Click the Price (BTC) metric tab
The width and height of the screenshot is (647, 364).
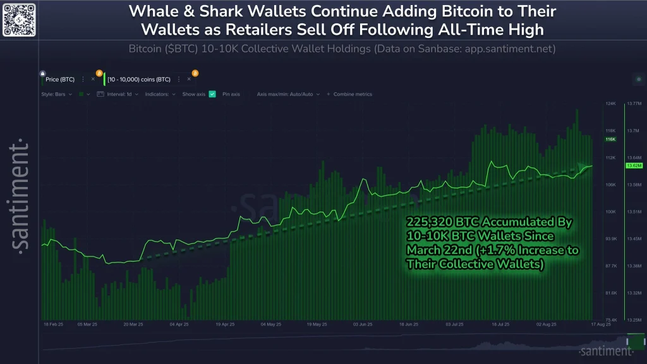(60, 80)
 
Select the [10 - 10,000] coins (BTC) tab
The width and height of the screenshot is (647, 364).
(139, 80)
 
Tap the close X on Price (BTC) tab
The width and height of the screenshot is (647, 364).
(93, 80)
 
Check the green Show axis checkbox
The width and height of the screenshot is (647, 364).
(212, 94)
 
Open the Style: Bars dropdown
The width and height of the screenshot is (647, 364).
(56, 94)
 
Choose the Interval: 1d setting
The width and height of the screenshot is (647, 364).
(118, 94)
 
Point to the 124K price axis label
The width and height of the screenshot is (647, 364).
(610, 103)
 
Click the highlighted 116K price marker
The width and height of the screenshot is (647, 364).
(610, 139)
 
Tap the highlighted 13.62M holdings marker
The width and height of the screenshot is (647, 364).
(633, 166)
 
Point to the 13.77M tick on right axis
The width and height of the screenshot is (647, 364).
(633, 103)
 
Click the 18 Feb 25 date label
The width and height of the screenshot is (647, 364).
(53, 325)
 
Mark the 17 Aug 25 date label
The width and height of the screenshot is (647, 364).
(600, 325)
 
